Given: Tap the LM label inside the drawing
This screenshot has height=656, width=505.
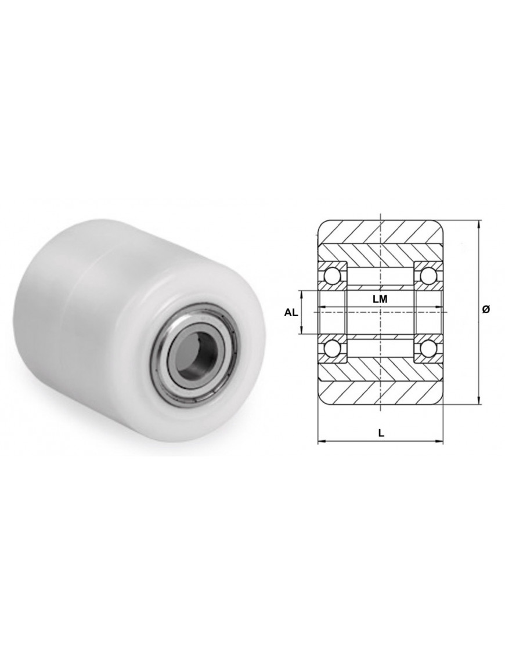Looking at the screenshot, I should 380,299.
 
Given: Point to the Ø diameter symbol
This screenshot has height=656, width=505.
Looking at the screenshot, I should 486,310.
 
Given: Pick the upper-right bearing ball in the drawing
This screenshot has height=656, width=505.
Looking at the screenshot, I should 428,276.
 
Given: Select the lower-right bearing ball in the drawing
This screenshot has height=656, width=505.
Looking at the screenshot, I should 428,348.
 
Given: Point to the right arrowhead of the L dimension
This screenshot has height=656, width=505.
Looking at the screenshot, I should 442,443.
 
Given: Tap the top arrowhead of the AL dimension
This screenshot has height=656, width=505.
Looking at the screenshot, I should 301,292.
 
